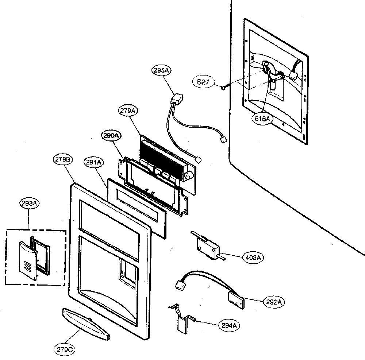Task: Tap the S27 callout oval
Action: tap(203, 82)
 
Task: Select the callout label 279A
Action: tap(128, 111)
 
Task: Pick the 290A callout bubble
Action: tap(111, 136)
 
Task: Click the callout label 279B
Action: tap(63, 159)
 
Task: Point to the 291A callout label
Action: tap(93, 162)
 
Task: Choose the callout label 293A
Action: tap(29, 204)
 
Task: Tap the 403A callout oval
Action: tap(253, 258)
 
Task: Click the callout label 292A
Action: tap(274, 302)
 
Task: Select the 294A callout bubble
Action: tap(229, 325)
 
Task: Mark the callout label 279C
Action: tap(65, 349)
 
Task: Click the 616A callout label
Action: tap(262, 119)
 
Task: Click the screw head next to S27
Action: tap(223, 88)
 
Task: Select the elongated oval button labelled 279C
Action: tap(86, 324)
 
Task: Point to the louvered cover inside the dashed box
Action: tap(28, 260)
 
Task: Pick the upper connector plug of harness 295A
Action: tap(177, 100)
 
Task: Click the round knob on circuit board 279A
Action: tap(188, 176)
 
